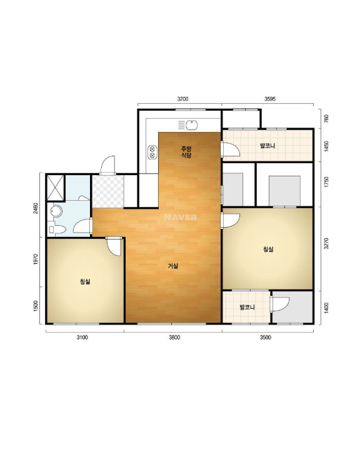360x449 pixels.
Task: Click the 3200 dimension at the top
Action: coord(183,99)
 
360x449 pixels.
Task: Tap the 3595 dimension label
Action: coord(270,99)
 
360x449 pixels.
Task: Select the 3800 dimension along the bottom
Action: coord(174,338)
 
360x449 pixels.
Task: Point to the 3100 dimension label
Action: coord(82,338)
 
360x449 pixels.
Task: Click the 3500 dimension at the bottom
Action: coord(265,338)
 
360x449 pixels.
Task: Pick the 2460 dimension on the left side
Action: coord(36,208)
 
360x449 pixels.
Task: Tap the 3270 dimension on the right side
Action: coord(326,243)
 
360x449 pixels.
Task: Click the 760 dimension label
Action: coord(326,118)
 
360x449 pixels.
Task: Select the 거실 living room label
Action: coord(173,266)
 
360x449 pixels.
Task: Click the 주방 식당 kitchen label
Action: coord(186,152)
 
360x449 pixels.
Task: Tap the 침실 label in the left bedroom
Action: coord(85,282)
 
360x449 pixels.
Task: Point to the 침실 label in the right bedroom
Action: coord(268,250)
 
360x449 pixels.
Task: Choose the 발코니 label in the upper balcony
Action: coord(267,146)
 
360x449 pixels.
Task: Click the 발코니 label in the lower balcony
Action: coord(247,308)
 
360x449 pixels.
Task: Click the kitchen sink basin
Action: coord(191,125)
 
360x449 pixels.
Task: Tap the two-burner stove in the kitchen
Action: coord(152,153)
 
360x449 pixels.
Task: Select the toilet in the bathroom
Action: coord(58,230)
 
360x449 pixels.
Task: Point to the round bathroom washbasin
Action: coord(56,211)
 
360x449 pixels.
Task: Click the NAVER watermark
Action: coord(180,218)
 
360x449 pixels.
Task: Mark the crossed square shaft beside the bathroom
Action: coord(56,188)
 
